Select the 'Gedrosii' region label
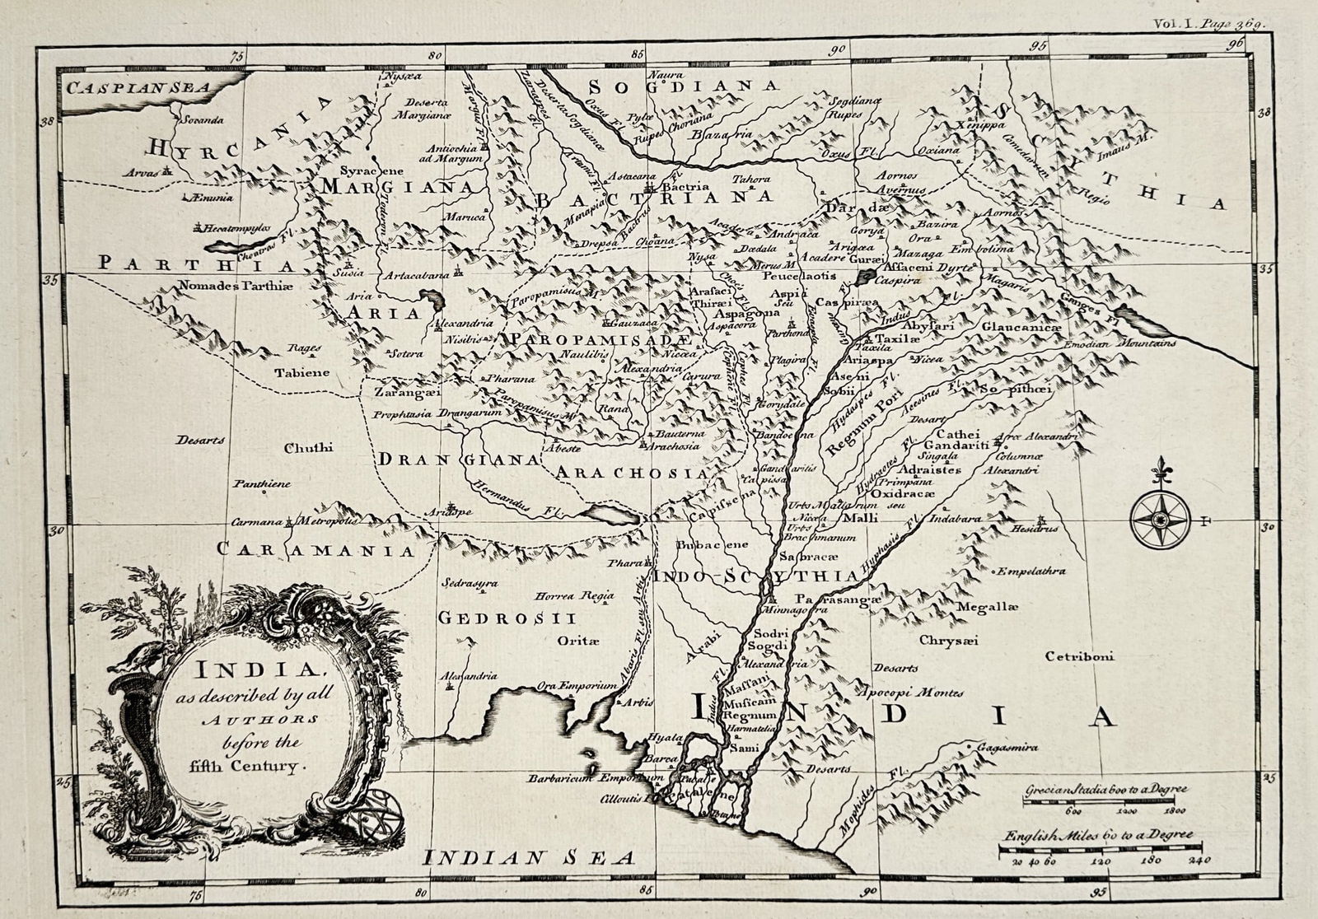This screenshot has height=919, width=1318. [506, 618]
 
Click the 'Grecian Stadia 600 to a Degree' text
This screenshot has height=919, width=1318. [1105, 789]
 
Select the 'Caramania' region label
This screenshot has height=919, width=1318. [315, 549]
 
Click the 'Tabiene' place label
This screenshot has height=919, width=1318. [302, 372]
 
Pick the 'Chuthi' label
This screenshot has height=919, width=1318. [308, 448]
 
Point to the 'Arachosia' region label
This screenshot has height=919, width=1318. [631, 473]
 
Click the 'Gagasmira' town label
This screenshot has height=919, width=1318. [1006, 748]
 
